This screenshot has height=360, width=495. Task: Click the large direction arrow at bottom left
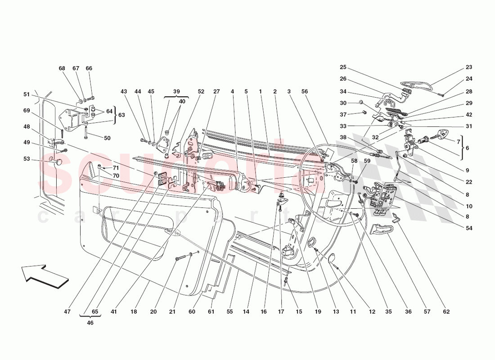click(x=44, y=275)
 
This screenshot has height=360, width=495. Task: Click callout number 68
click(x=62, y=68)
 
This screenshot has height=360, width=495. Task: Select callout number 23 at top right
click(x=469, y=67)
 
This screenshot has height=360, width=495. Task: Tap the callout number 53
click(x=27, y=158)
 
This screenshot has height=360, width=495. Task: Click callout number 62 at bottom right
click(x=446, y=311)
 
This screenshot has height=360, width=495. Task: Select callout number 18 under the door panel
click(x=134, y=311)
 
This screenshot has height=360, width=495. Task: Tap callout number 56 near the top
click(x=305, y=91)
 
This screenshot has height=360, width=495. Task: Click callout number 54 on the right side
click(x=469, y=229)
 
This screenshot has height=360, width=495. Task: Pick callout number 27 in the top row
click(x=216, y=91)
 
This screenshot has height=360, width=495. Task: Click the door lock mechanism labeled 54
click(x=382, y=196)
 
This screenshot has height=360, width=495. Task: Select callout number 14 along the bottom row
click(x=247, y=311)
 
